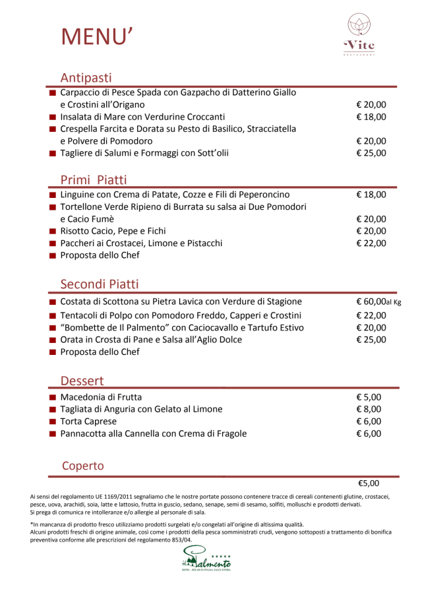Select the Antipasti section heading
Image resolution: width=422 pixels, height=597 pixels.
pos(86,77)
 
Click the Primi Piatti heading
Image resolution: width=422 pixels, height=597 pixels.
pos(94,180)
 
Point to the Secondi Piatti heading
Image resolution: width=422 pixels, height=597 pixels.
pos(100,284)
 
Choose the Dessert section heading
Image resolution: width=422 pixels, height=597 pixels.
pos(82,381)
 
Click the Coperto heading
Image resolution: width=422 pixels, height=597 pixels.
pos(83,466)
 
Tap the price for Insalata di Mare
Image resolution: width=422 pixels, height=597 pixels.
pos(371,117)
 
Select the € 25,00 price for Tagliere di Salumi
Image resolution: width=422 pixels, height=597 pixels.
pos(371,153)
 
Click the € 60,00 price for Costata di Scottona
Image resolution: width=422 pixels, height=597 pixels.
pos(371,301)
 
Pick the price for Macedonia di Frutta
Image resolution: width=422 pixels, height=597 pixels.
pos(369,397)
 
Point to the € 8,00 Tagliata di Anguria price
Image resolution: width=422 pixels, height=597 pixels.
pos(369,409)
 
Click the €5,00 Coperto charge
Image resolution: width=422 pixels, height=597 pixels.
pos(369,483)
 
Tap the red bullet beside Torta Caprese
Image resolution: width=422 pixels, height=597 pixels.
pos(52,422)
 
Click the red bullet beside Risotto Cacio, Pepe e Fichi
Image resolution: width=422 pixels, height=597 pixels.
pos(52,232)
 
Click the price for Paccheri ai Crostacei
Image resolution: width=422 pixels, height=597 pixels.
pos(371,243)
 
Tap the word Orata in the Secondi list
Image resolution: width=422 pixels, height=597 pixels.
pos(73,340)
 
